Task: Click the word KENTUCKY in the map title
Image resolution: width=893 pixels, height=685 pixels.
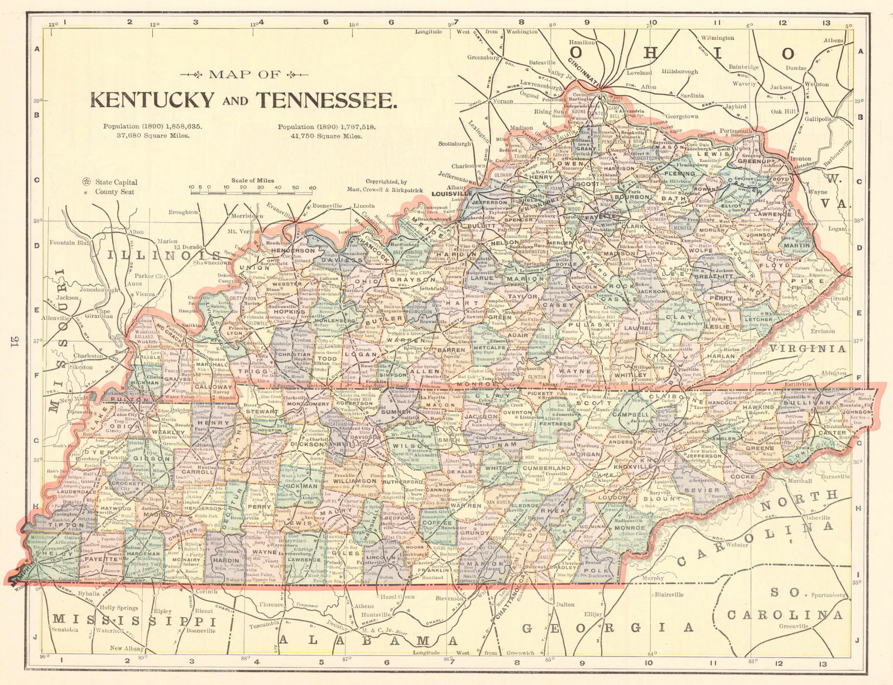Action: click(x=152, y=100)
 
